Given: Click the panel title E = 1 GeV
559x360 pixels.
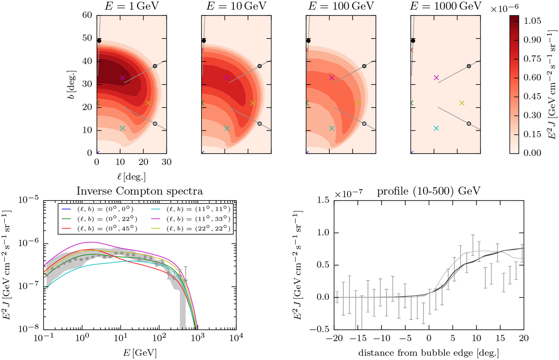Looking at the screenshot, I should [132, 7].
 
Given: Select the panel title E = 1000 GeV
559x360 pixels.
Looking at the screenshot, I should [446, 7].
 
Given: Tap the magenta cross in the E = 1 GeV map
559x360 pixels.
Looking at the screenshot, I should [122, 78].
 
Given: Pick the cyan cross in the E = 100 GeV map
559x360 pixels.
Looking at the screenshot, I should [332, 128].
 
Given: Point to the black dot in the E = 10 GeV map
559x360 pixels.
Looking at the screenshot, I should [204, 41].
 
